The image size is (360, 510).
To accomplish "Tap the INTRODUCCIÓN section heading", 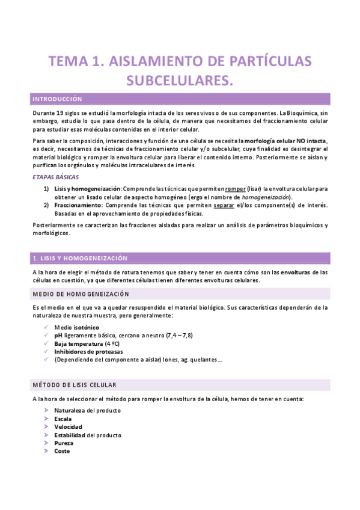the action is (57, 99).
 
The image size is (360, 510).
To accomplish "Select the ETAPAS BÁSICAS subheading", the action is (54, 177).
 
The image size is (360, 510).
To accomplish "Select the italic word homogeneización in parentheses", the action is (264, 197).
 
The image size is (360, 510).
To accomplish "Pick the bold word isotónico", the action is (87, 327).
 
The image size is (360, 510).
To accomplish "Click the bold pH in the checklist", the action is (58, 335).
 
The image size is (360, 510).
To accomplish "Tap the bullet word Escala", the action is (63, 419).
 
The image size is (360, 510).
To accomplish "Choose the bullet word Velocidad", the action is (67, 426).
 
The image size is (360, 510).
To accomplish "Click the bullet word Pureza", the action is (64, 443).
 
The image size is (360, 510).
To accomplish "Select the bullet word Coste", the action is (62, 450).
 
